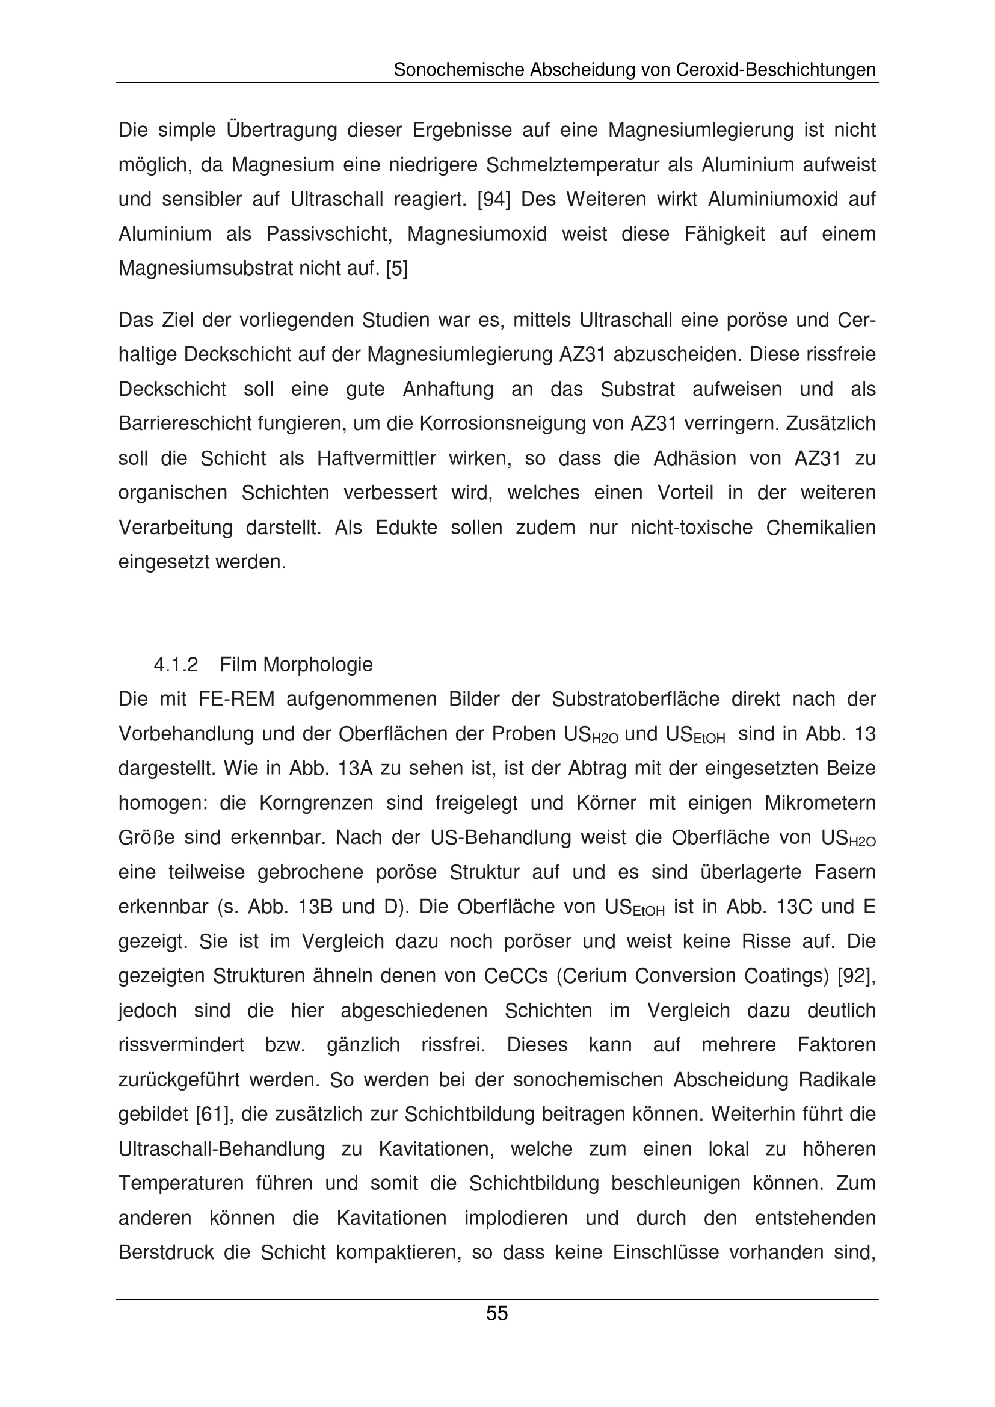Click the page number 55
[x=497, y=1313]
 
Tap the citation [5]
[x=396, y=268]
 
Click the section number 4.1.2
[x=175, y=664]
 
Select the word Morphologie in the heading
[x=317, y=664]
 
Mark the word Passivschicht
[x=330, y=234]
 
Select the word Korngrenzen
[x=316, y=803]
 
